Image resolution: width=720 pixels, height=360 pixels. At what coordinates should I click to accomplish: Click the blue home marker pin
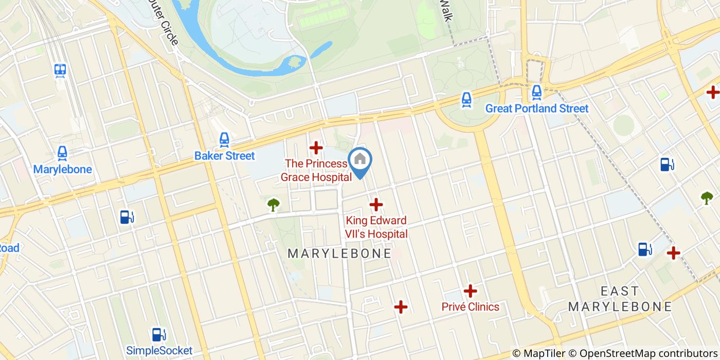coord(360,161)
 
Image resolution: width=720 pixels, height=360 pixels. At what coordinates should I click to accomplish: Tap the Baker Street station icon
coord(224,139)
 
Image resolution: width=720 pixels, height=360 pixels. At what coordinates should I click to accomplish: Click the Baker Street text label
coord(224,155)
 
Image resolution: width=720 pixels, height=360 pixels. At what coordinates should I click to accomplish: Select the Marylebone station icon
coord(62,153)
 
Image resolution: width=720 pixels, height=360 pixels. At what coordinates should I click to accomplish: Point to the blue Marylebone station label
coord(62,169)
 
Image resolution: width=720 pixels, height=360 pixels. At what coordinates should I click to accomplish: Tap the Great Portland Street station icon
coord(536,93)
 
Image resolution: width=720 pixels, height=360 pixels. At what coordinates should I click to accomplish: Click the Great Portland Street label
coord(537,109)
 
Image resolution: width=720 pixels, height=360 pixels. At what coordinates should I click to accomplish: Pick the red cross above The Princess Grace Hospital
coord(316,148)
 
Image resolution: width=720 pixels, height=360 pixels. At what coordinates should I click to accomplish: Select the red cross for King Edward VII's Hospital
coord(376,205)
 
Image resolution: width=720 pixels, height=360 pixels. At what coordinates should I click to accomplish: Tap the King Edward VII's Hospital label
coord(376,227)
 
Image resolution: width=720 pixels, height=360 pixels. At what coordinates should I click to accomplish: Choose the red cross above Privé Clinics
coord(470,291)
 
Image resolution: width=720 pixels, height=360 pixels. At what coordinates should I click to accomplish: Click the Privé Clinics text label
coord(470,307)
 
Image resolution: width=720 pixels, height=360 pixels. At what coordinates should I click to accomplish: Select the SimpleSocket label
coord(159,351)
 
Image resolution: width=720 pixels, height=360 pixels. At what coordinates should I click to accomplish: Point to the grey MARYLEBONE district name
coord(339,254)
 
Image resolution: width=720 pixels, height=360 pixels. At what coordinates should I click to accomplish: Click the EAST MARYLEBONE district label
coord(620,299)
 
